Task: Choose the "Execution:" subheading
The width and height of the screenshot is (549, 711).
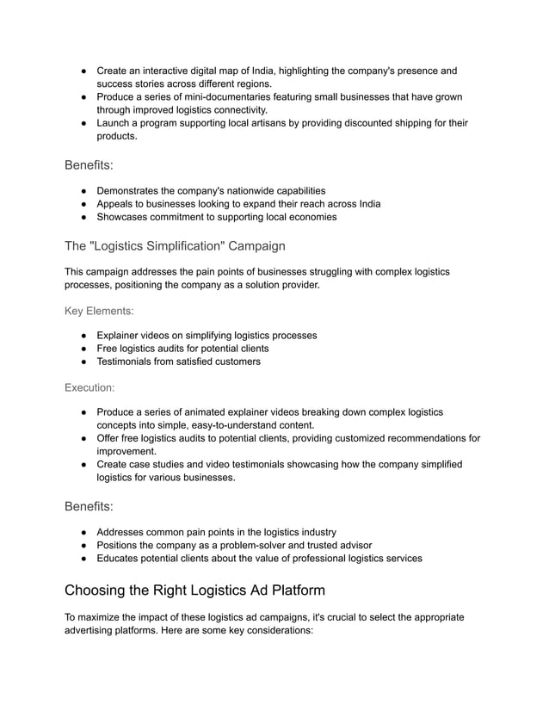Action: [89, 387]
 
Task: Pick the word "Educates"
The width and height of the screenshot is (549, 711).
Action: [120, 558]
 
